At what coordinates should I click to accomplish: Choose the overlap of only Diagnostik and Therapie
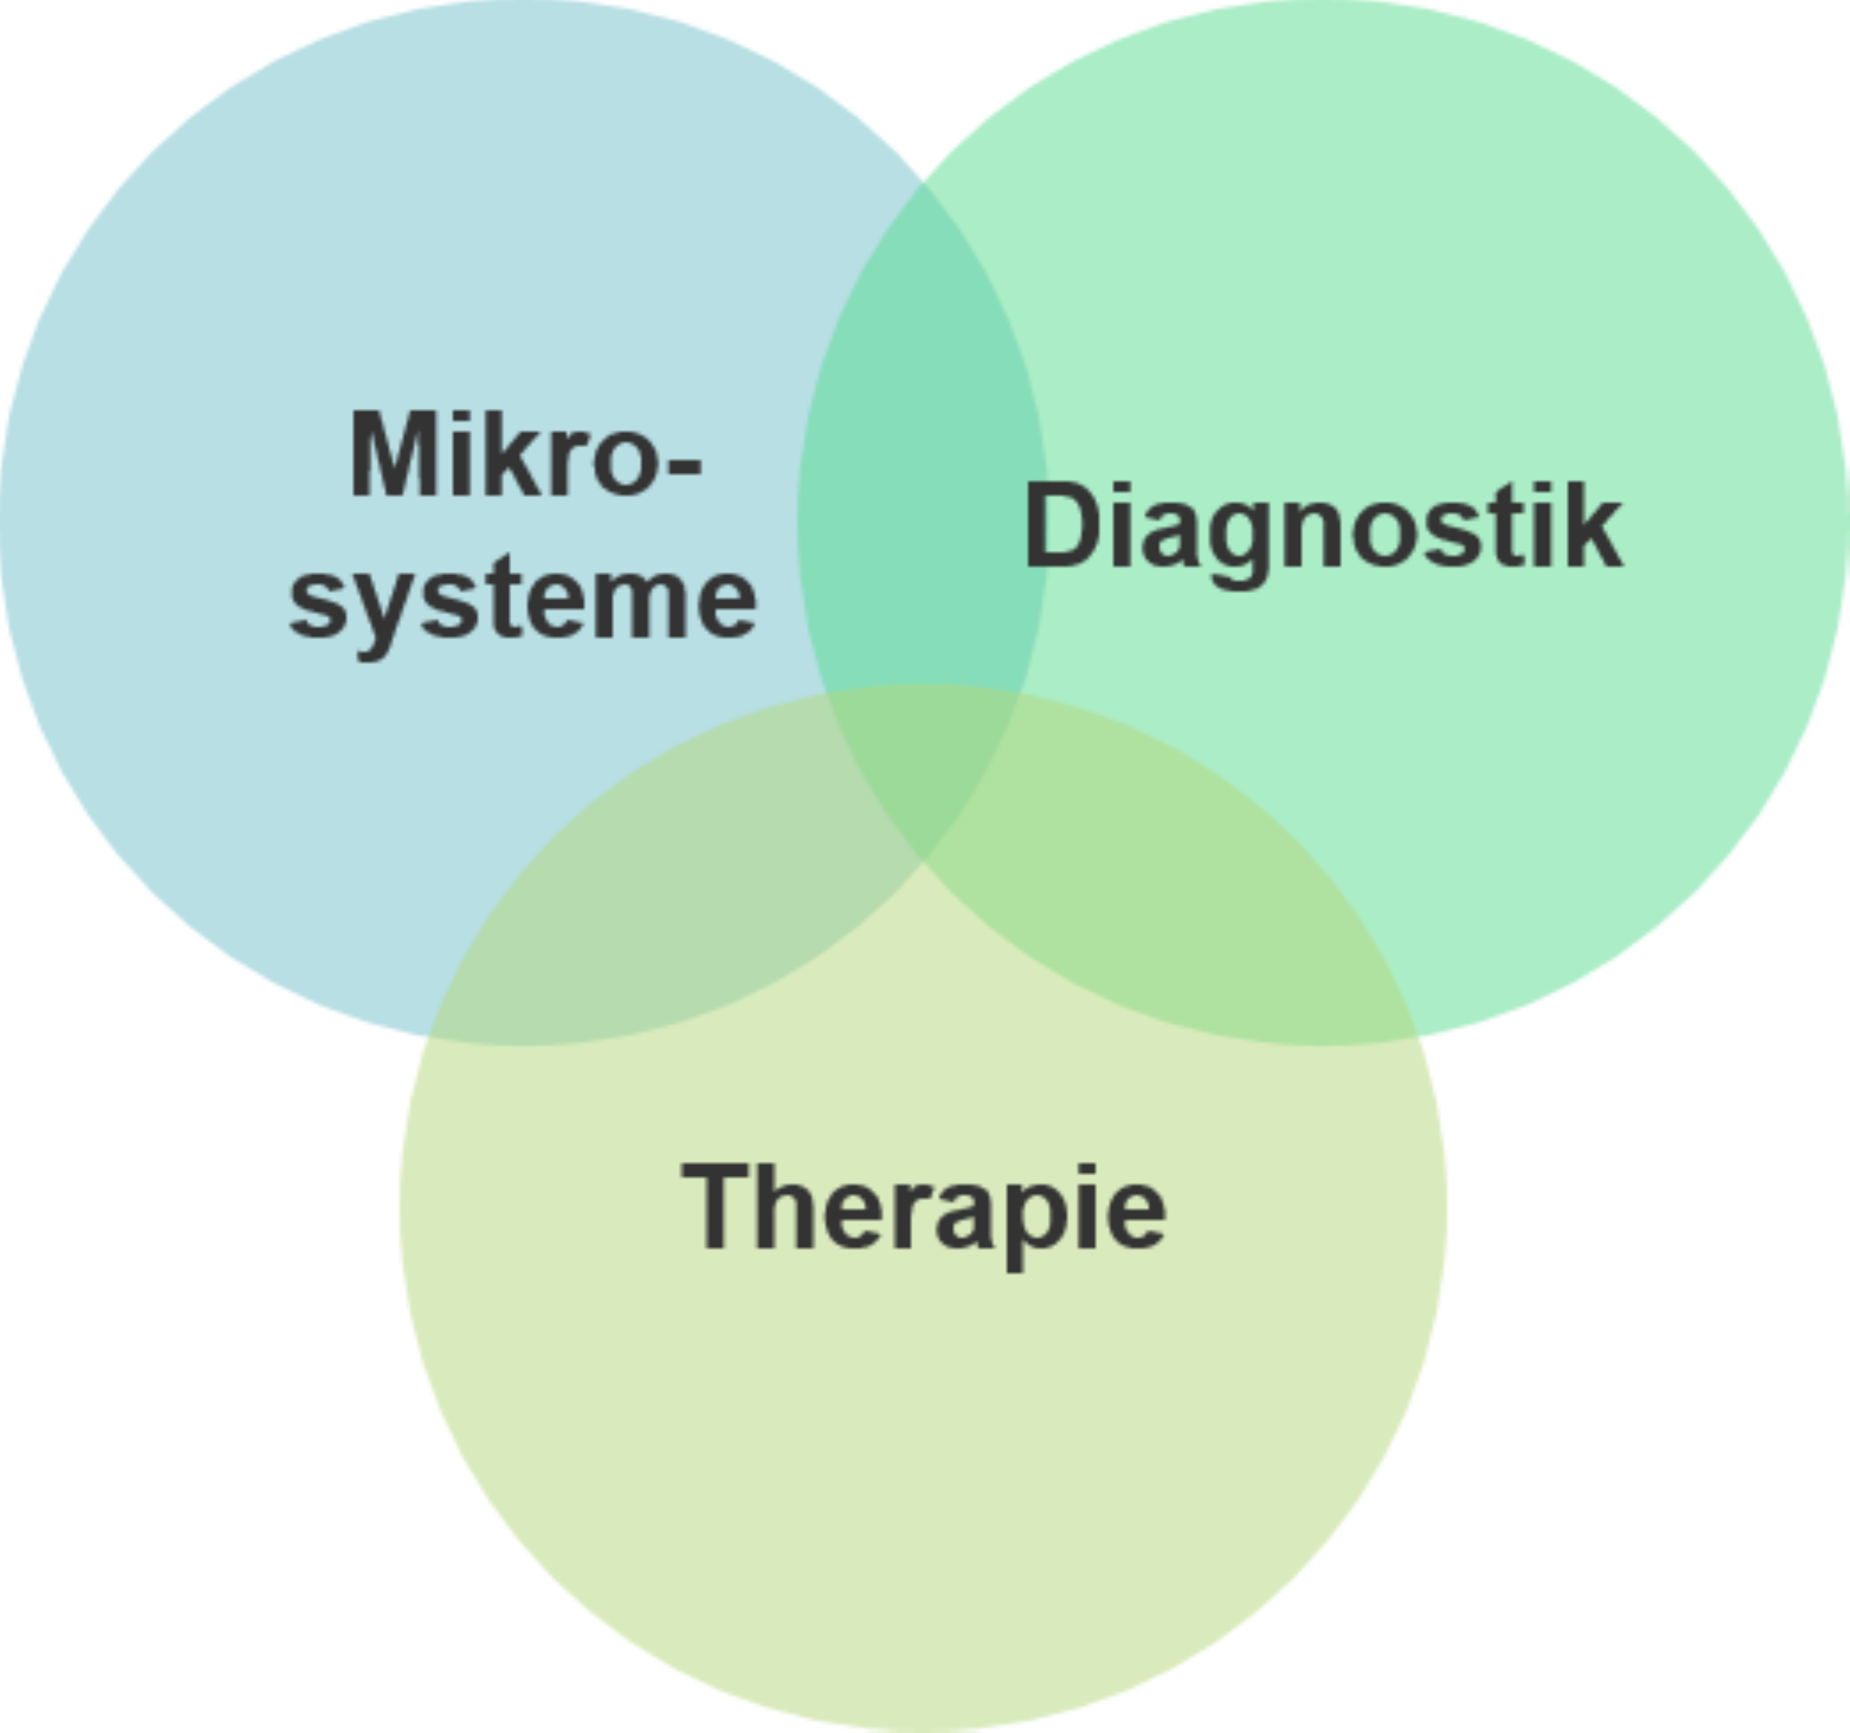click(1172, 903)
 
